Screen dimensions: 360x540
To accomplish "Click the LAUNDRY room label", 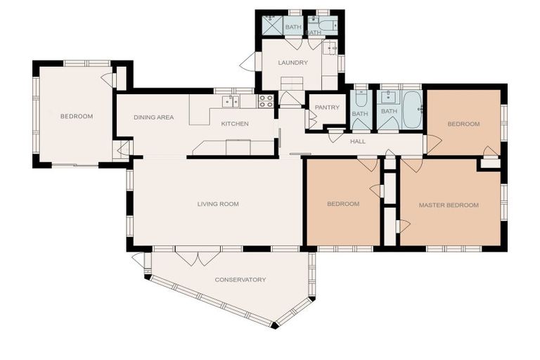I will (292, 63).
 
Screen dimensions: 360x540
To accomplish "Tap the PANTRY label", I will (327, 108).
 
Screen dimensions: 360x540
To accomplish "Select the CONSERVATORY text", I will (240, 280).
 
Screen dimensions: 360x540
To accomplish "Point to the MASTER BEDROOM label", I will (449, 205).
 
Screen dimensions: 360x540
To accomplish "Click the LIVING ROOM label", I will (218, 205).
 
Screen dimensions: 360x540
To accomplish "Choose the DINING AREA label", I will (153, 117).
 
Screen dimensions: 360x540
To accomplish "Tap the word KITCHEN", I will (235, 124).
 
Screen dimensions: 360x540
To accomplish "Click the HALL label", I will (358, 141).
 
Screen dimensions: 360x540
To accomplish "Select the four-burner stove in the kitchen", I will (266, 101).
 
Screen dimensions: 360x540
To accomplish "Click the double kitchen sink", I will (230, 102).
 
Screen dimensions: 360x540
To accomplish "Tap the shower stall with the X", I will (271, 25).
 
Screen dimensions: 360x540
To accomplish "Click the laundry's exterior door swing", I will (247, 63).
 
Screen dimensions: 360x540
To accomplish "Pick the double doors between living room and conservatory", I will (198, 257).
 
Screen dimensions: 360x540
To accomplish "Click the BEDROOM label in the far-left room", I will (76, 117).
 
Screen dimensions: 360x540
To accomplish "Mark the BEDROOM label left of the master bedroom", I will (343, 205).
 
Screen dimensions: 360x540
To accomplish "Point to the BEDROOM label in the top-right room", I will (463, 124).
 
